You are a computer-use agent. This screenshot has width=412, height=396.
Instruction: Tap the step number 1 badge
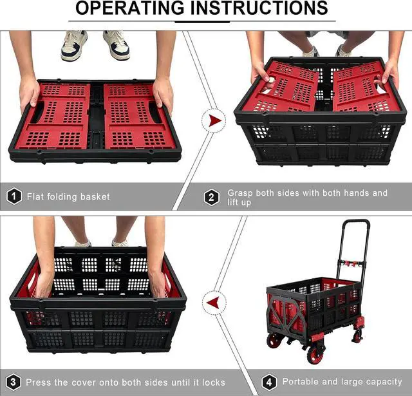14,196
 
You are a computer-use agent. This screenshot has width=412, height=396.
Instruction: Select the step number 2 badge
212,197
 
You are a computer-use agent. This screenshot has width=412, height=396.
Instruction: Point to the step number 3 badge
14,382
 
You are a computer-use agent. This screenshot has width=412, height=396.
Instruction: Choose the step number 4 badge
268,382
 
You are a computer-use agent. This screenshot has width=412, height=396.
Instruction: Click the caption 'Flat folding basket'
68,196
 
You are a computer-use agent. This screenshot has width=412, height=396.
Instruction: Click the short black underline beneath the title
203,22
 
